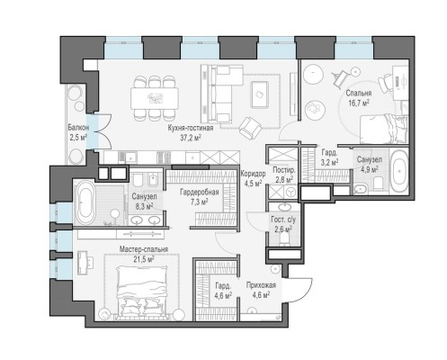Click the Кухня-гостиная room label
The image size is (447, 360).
tap(191, 129)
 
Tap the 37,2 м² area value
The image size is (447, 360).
tap(191, 138)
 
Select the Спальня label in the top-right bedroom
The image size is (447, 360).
tap(359, 93)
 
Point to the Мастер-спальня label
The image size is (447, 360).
tap(144, 249)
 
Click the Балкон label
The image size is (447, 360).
tap(78, 128)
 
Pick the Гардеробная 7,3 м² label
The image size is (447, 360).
tap(200, 196)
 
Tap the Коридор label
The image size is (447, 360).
tap(253, 174)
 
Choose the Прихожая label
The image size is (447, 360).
tap(261, 285)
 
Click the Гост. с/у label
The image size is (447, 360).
tap(283, 220)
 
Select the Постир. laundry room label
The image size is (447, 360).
tap(284, 170)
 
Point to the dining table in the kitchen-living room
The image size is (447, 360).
tap(155, 98)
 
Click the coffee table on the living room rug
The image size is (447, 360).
tap(260, 94)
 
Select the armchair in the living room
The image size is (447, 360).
tap(250, 128)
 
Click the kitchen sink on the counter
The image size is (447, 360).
tap(131, 157)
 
